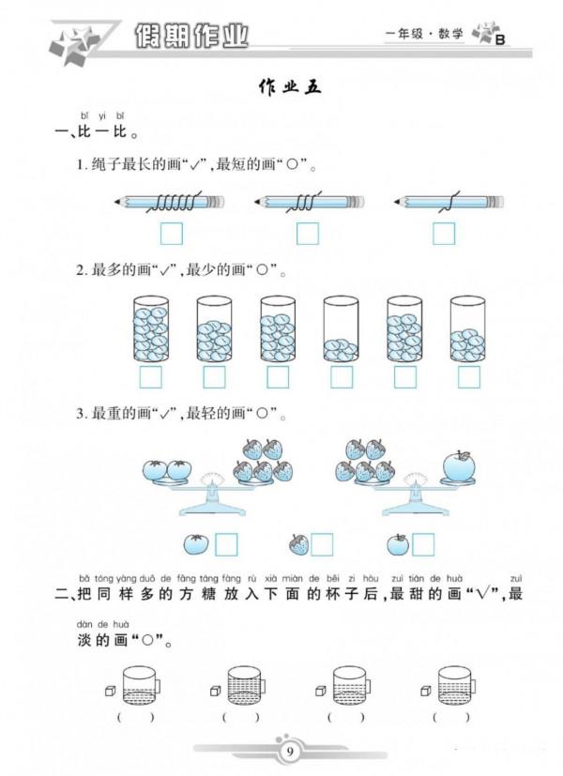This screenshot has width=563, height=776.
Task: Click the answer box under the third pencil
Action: [x=443, y=233]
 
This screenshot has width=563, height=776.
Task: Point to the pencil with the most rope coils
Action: [x=170, y=202]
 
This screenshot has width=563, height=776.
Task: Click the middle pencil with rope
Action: [x=309, y=202]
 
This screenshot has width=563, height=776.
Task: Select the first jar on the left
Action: [x=150, y=329]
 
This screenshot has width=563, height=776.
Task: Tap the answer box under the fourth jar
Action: [x=342, y=377]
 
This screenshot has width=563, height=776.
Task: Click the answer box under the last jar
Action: [x=469, y=377]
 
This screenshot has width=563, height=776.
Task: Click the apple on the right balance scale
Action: [x=459, y=466]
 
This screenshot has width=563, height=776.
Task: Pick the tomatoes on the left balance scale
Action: [x=166, y=468]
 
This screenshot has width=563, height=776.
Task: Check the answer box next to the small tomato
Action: [x=226, y=544]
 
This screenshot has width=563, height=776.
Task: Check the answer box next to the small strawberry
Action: [x=322, y=544]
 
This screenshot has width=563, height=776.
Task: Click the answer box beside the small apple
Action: [x=423, y=544]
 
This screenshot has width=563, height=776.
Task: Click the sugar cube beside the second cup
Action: [x=215, y=691]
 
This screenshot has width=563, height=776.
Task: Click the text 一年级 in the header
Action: [x=402, y=35]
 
